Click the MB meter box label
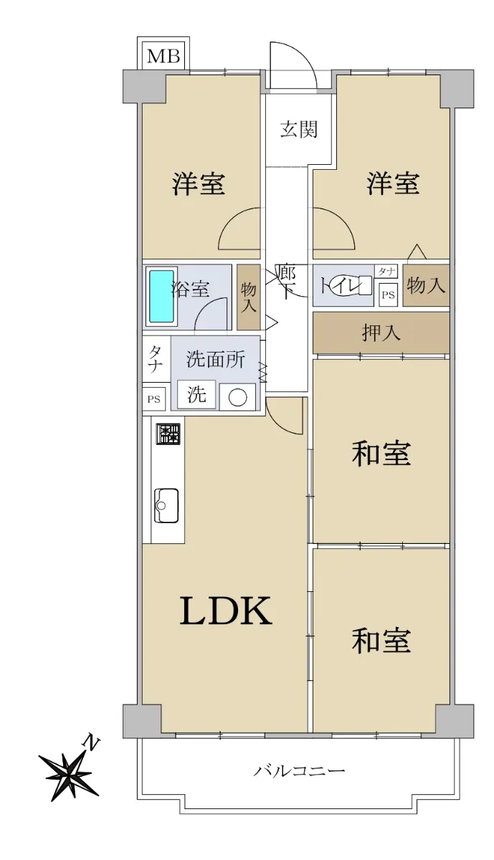163,57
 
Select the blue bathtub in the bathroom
162,297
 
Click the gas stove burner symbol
168,434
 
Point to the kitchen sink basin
166,505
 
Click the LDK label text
227,610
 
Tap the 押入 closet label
381,332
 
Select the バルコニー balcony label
299,770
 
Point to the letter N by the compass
92,744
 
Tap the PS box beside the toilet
388,295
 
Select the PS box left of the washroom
153,399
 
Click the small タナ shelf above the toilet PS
386,272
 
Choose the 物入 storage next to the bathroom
249,297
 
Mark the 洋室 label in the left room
198,184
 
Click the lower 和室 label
381,641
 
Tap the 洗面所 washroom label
216,360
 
